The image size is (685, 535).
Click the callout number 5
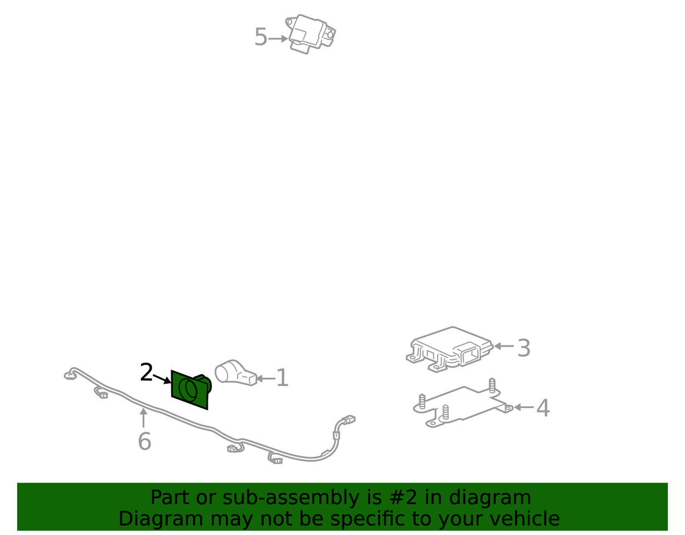click(x=261, y=37)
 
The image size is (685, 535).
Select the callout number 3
click(x=523, y=348)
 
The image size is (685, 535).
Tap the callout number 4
click(x=543, y=408)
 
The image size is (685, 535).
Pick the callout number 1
click(x=283, y=377)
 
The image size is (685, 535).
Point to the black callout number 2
click(x=147, y=372)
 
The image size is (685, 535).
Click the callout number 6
click(x=144, y=441)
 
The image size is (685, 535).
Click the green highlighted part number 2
click(x=191, y=390)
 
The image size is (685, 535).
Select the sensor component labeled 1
click(x=235, y=373)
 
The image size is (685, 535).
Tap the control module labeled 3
click(x=449, y=349)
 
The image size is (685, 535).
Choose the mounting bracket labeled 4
click(x=462, y=404)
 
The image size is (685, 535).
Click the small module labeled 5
click(x=310, y=34)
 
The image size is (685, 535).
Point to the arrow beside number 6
click(x=143, y=418)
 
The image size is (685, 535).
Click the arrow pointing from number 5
click(x=278, y=39)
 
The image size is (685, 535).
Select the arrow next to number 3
click(x=503, y=346)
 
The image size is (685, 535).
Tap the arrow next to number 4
click(x=523, y=407)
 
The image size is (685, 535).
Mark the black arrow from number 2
click(x=162, y=379)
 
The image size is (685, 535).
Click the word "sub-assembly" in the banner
click(x=291, y=497)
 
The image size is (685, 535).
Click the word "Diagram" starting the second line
click(x=160, y=519)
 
